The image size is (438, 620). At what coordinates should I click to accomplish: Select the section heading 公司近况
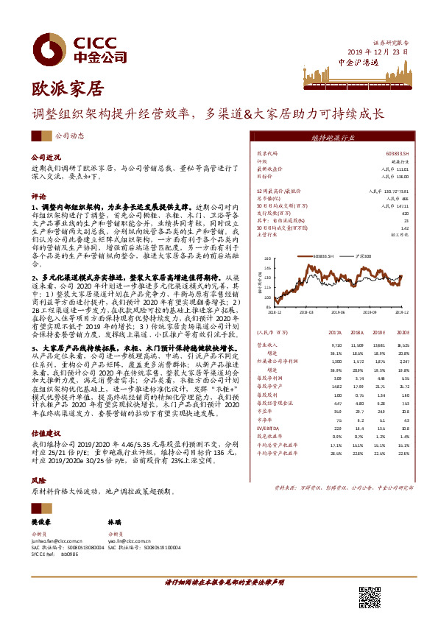[44, 158]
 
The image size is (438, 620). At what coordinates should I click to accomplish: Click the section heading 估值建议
[44, 436]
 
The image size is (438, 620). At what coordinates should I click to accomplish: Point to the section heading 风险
[37, 479]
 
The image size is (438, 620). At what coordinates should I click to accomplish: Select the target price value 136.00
[401, 177]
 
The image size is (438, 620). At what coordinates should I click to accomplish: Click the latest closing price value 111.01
[401, 169]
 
